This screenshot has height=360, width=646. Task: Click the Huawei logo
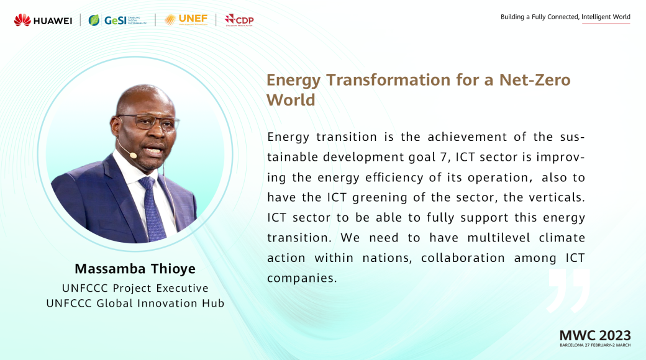(43, 20)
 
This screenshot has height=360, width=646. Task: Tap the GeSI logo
(117, 20)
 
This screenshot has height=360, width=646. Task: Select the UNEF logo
(186, 19)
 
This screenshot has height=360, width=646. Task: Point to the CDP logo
(239, 20)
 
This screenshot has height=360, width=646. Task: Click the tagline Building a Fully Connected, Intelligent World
(565, 17)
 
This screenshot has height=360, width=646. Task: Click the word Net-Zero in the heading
(535, 79)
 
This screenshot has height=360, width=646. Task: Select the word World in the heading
(291, 100)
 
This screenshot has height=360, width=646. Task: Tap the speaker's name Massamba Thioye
(135, 269)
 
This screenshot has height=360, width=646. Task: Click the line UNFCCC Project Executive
(135, 288)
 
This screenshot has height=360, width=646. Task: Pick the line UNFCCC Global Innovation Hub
(135, 303)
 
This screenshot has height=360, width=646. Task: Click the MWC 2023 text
(595, 335)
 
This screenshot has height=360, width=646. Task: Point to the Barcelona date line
(595, 345)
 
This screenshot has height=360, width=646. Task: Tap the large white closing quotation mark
(568, 291)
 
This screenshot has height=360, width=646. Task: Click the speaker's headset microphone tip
(133, 155)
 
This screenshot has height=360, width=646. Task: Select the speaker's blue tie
(152, 209)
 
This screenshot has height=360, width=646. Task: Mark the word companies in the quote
(302, 279)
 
